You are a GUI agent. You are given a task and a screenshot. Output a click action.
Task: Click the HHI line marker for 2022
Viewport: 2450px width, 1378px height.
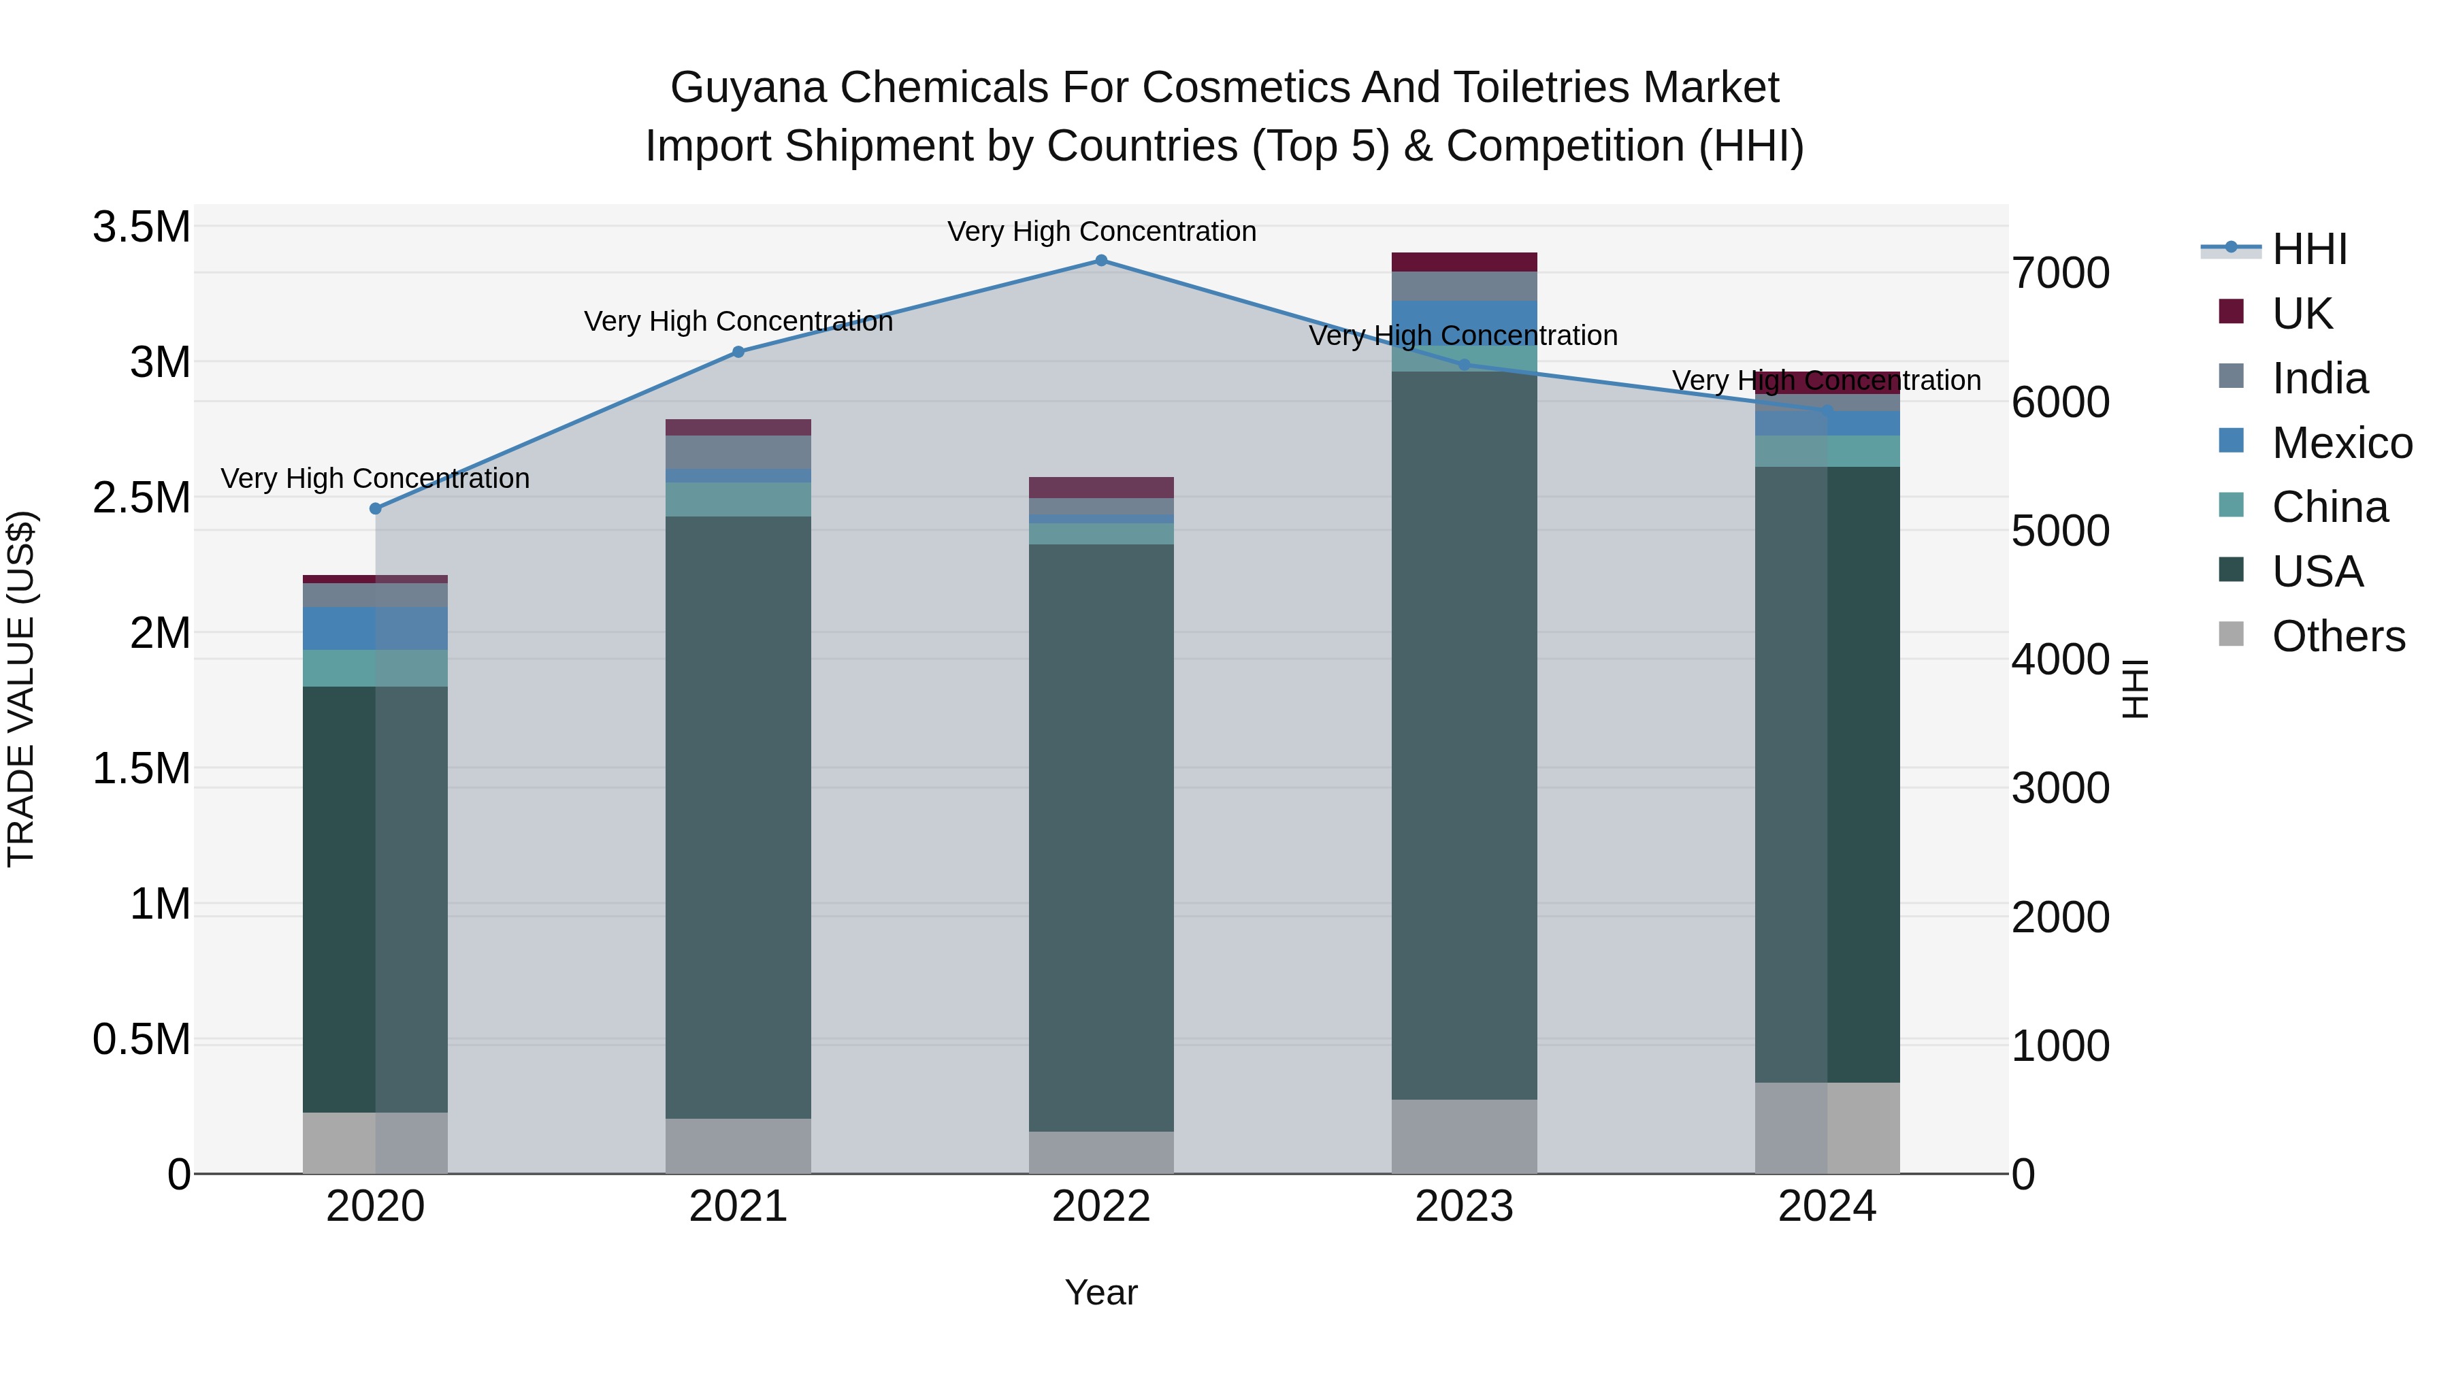(x=1101, y=261)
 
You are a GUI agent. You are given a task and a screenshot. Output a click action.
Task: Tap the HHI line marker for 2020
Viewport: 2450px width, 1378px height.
(x=375, y=509)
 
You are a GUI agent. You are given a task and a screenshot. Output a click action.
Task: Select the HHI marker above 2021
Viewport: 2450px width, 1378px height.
(x=738, y=352)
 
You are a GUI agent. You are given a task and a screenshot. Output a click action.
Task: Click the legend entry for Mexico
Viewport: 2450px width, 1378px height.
(x=2340, y=443)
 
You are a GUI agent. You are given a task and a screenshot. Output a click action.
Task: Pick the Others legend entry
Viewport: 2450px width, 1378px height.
(x=2337, y=636)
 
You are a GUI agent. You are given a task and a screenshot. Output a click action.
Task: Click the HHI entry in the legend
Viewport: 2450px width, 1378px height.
(x=2308, y=249)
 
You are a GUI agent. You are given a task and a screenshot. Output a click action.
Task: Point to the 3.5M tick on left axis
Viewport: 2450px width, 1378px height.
(x=141, y=227)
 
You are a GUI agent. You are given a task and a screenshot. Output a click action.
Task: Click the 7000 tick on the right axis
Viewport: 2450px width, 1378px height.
(x=2060, y=274)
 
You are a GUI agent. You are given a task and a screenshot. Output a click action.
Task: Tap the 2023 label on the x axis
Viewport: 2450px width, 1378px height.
(x=1464, y=1207)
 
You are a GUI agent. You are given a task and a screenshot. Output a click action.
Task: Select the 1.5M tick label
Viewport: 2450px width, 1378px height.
(x=141, y=768)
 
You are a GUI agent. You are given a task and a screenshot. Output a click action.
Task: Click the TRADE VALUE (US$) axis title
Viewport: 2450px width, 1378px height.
(x=21, y=689)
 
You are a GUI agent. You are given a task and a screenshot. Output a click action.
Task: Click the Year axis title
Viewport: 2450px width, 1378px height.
(x=1100, y=1292)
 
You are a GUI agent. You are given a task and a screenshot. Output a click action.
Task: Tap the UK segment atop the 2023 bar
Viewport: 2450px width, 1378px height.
(x=1464, y=263)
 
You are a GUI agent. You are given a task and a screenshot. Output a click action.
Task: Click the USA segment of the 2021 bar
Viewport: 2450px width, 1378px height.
(x=738, y=818)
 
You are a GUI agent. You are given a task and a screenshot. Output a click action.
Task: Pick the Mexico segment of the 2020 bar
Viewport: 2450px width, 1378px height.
(x=375, y=629)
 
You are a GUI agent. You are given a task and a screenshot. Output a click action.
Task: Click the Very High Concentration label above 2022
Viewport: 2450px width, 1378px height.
(x=1101, y=231)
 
